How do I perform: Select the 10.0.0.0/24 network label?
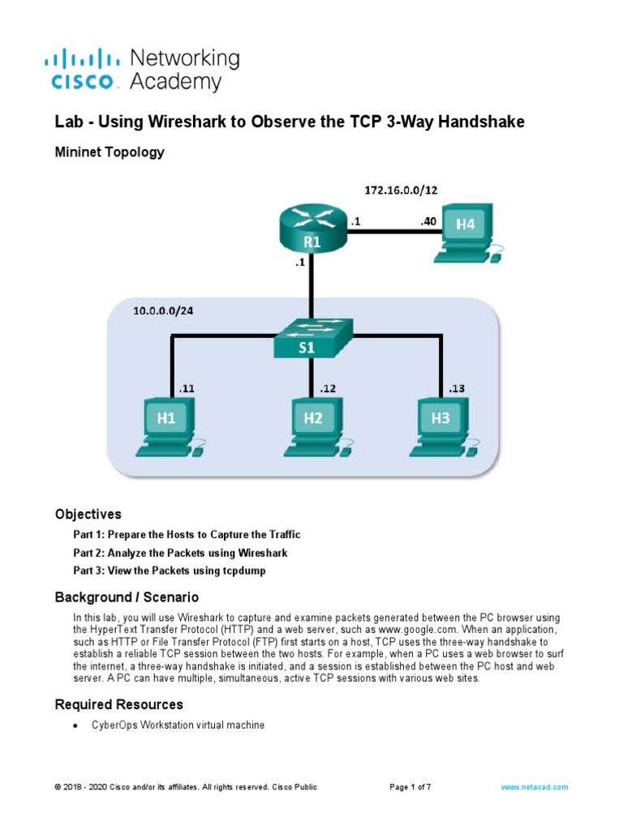tap(165, 311)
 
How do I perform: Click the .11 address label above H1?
tap(186, 388)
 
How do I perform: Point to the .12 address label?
tap(328, 388)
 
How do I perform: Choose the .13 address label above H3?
tap(456, 388)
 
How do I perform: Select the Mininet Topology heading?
tap(110, 152)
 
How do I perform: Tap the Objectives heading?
tap(88, 514)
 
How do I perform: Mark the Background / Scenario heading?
tap(127, 597)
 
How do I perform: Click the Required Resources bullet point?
tap(75, 725)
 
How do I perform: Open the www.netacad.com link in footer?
tap(534, 787)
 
